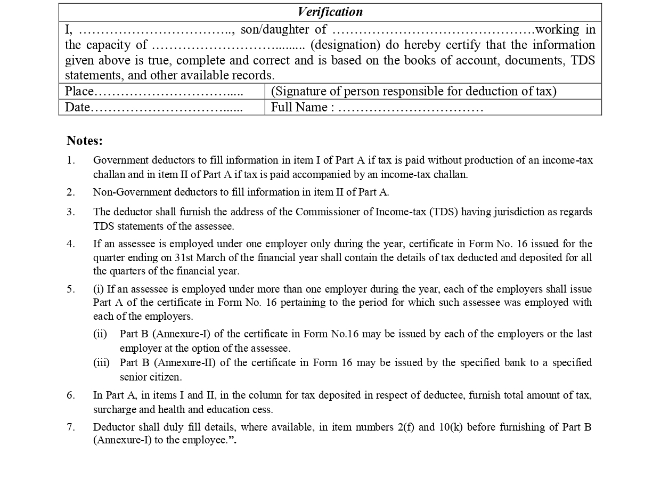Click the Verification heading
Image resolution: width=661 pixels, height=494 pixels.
330,12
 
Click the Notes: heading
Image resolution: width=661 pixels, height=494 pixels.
84,141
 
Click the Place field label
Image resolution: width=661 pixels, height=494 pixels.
79,92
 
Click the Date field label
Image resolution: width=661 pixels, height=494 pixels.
77,108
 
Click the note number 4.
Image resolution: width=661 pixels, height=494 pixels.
71,244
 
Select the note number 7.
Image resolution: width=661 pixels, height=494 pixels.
71,427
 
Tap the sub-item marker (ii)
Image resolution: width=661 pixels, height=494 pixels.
100,334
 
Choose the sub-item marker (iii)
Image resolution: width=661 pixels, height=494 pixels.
101,363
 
